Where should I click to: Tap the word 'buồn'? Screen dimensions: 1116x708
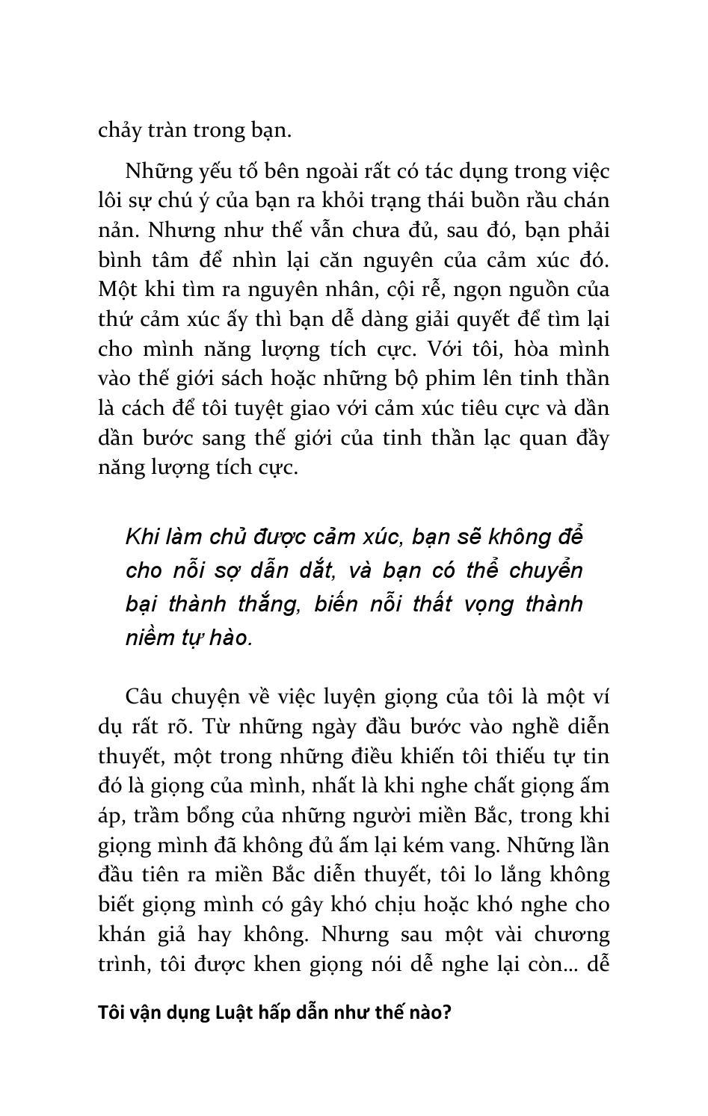[x=467, y=200]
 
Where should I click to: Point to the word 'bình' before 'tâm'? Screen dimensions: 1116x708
[x=120, y=259]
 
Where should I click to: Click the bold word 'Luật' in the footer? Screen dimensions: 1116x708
[x=236, y=1013]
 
